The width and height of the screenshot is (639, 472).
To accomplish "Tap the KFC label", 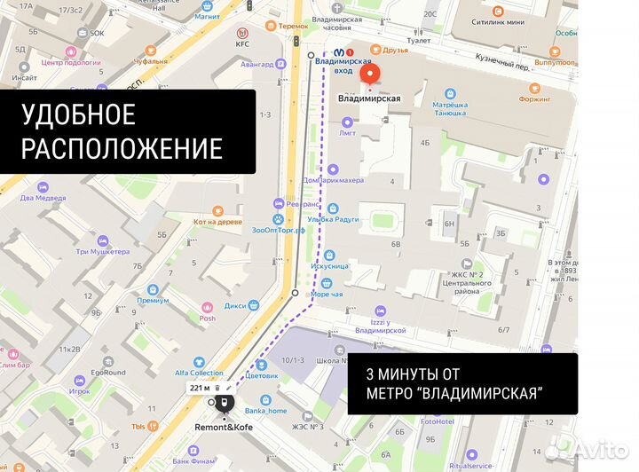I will tap(242, 43).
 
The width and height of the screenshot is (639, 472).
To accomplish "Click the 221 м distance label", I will tap(200, 388).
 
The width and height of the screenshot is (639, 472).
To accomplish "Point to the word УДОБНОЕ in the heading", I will tap(79, 114).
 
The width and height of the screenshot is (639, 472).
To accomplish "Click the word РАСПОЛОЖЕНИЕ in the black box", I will tap(122, 147).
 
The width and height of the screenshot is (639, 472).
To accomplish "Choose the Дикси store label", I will tap(235, 306).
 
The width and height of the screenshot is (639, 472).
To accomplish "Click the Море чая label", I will tap(327, 294).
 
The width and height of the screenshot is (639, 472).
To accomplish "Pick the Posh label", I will tap(207, 318).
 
